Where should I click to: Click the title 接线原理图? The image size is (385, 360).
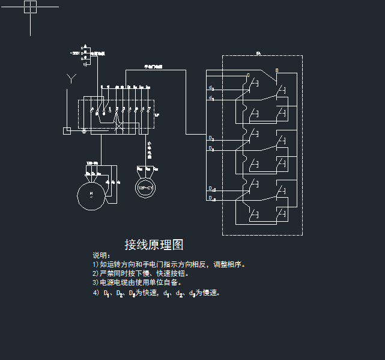(x=154, y=245)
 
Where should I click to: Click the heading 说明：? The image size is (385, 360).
(x=102, y=255)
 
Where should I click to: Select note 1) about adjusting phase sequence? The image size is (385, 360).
(x=169, y=264)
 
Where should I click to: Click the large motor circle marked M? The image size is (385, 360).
(x=91, y=194)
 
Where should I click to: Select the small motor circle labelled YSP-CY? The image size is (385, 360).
(x=145, y=188)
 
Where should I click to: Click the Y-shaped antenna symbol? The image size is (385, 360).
(x=71, y=78)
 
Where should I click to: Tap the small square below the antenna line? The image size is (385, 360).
(x=67, y=130)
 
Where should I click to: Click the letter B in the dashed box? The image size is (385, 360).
(x=276, y=71)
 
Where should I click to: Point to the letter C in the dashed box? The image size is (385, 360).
(x=248, y=76)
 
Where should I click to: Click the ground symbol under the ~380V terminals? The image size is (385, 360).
(x=85, y=63)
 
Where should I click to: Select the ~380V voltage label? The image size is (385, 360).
(x=76, y=53)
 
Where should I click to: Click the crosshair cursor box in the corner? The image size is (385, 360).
(x=30, y=7)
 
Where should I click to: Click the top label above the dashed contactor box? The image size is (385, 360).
(x=258, y=54)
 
